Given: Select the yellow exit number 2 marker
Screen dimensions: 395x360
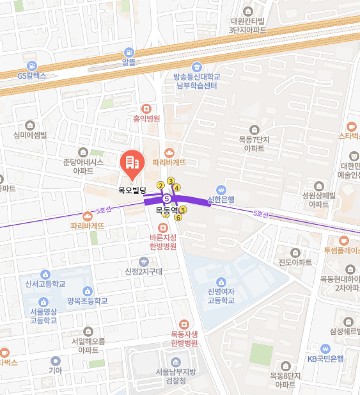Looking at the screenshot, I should coord(160,186).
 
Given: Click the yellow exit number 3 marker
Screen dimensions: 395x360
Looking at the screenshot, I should coord(171,181).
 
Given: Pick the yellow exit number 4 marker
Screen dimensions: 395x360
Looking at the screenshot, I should coord(176,188).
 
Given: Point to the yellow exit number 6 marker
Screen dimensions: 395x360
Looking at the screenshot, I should coord(178,217).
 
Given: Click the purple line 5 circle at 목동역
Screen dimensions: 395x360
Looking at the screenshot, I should coord(166,198).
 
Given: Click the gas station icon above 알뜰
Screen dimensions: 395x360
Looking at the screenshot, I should coord(130,52).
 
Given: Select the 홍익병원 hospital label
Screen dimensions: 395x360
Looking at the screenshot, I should coord(146,118).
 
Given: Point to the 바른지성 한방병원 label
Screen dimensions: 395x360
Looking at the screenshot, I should coord(162,241).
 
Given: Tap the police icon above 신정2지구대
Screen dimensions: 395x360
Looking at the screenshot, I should coord(144,261).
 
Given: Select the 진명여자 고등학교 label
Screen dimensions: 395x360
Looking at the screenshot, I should coord(221,296).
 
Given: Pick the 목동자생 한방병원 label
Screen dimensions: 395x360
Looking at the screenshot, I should coord(184,338).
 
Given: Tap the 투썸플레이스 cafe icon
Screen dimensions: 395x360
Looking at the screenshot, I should coord(344,240).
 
